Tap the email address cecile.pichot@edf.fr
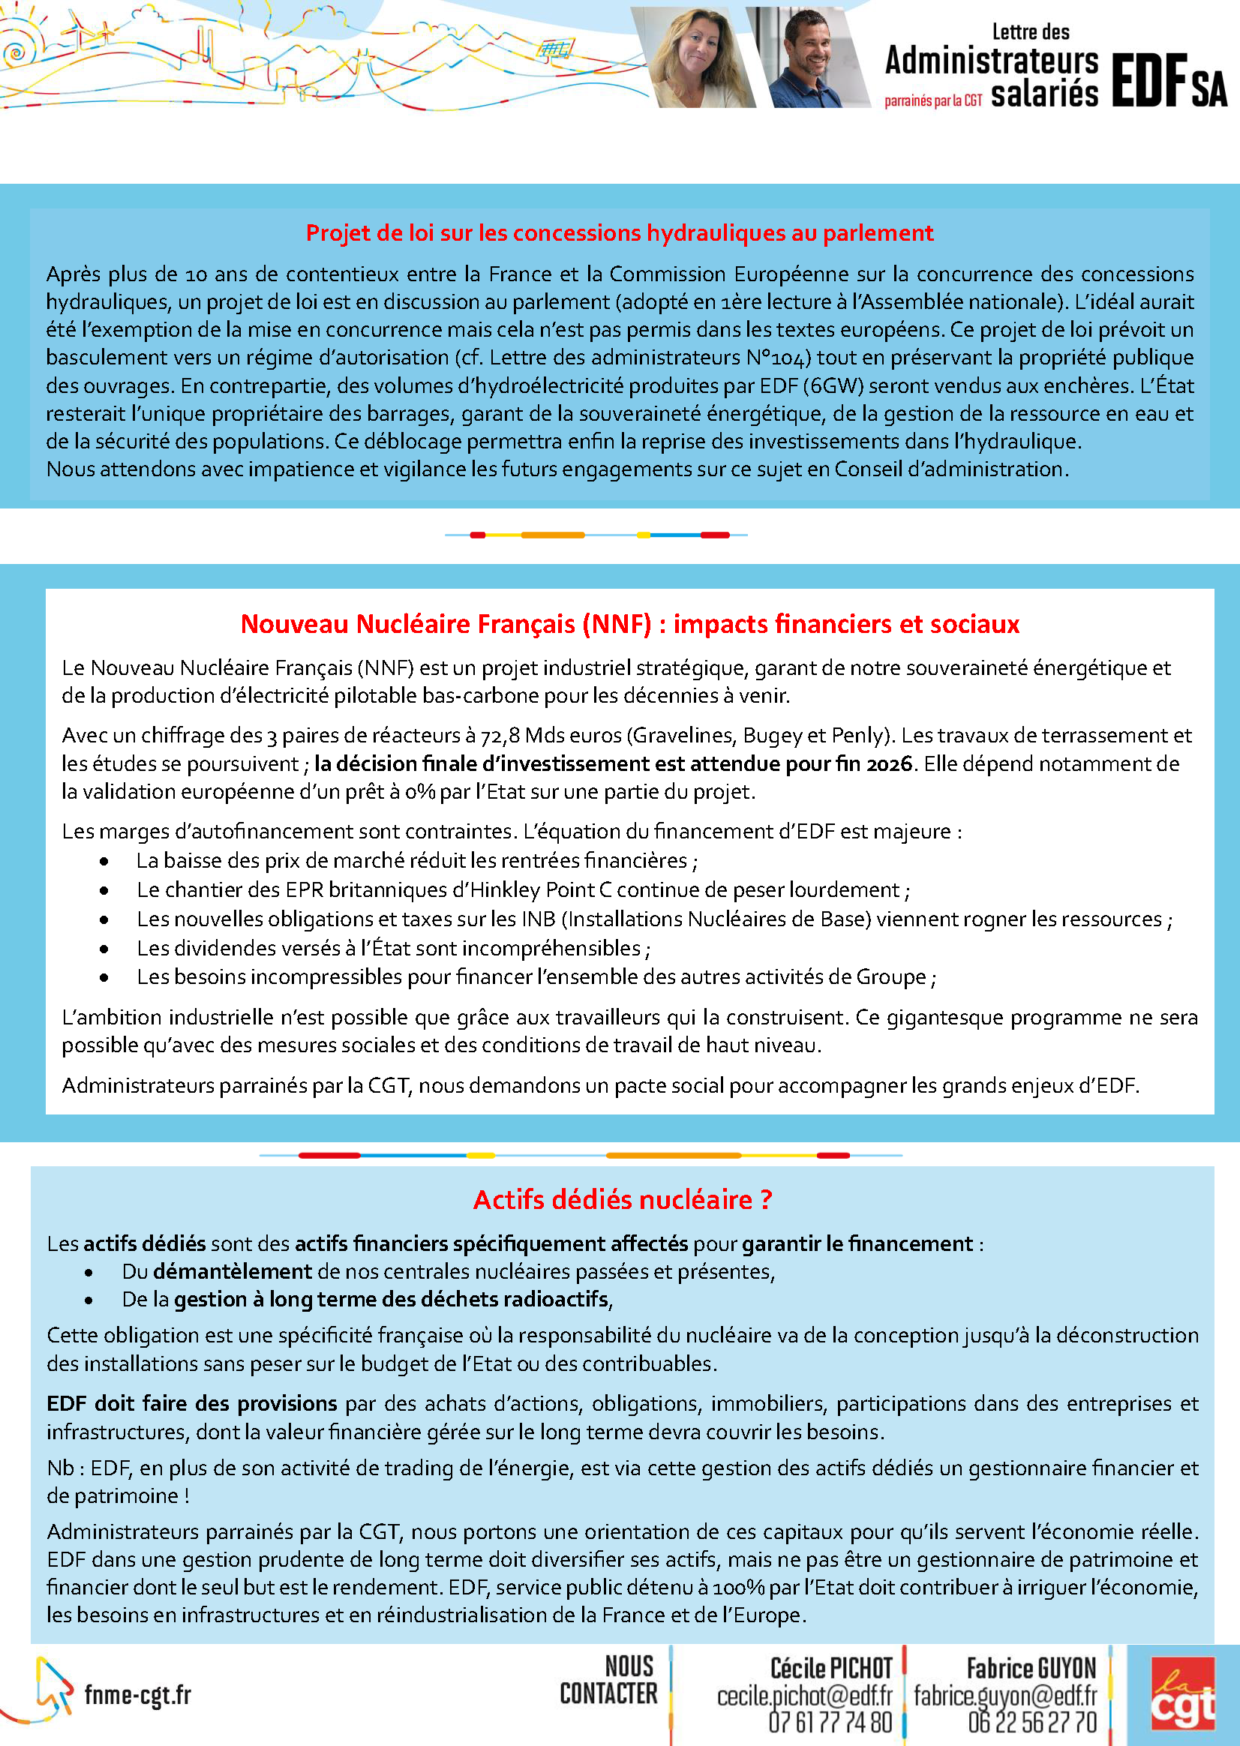click(x=804, y=1696)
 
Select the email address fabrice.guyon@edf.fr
click(x=1005, y=1696)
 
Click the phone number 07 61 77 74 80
click(x=830, y=1723)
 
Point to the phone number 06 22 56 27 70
click(x=1031, y=1723)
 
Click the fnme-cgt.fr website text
click(x=137, y=1695)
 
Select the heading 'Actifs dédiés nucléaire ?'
click(x=623, y=1200)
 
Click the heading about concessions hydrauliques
click(x=619, y=232)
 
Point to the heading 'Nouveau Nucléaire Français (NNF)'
click(x=629, y=625)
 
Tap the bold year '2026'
click(x=889, y=764)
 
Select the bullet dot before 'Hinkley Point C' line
click(x=104, y=891)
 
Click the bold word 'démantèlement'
click(x=232, y=1272)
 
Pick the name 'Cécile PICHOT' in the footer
click(x=830, y=1668)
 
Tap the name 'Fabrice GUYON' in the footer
click(x=1031, y=1668)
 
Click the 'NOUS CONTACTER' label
click(x=608, y=1679)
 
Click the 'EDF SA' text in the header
click(x=1168, y=81)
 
